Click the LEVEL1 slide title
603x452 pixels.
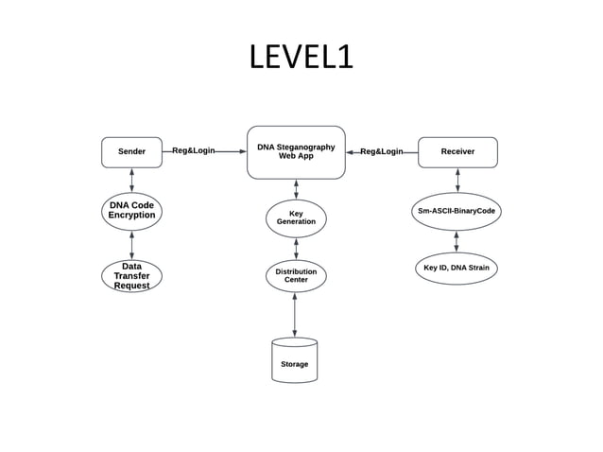301,58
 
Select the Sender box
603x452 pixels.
131,151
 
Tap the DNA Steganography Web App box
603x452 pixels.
296,151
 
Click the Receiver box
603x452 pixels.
457,151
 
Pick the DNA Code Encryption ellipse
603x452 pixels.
131,210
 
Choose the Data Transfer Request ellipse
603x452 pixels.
131,276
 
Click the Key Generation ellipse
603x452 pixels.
296,218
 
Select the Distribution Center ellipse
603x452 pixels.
296,276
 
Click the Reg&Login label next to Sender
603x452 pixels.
193,151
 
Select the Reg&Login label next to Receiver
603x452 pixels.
382,151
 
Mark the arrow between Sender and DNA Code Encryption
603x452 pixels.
131,180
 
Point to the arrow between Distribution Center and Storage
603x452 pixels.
296,315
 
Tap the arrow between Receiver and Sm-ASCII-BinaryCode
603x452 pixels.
457,180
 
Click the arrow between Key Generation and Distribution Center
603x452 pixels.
296,248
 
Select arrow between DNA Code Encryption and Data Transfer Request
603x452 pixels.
131,244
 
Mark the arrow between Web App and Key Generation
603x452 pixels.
296,189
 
